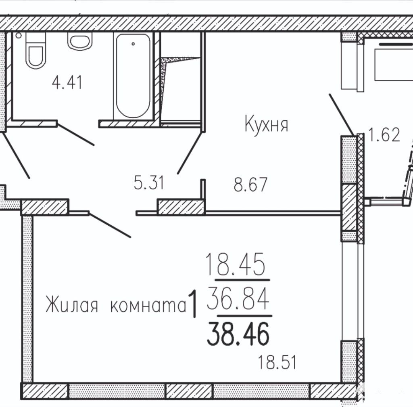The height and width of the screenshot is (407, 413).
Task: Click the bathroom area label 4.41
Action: (x=67, y=82)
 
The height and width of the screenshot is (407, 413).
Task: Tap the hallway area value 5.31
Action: (x=149, y=183)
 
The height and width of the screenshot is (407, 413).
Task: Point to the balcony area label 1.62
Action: (x=384, y=134)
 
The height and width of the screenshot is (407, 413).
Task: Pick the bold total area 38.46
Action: (x=238, y=334)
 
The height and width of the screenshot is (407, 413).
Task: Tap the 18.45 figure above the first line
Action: (x=235, y=264)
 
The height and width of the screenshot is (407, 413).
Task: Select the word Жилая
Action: (x=72, y=304)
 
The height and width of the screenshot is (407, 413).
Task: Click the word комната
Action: (x=148, y=306)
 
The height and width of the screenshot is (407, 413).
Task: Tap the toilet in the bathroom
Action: (x=35, y=50)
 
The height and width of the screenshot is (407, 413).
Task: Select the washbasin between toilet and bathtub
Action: (x=80, y=41)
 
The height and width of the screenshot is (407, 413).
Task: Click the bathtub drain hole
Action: (x=133, y=44)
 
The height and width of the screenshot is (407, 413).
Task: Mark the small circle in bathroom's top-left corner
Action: (x=19, y=35)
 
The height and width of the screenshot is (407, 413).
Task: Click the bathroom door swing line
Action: (x=75, y=134)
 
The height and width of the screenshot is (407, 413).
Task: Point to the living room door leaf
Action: (x=110, y=225)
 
